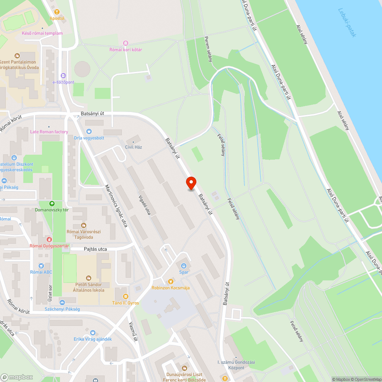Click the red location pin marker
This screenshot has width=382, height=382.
point(191,183)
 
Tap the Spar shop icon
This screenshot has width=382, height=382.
point(184,265)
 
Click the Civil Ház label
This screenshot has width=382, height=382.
point(133,147)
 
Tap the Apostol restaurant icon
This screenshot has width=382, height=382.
point(57,12)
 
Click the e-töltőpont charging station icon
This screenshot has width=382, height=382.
point(63,76)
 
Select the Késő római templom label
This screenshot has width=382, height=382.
point(42,33)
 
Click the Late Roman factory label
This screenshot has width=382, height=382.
point(49,132)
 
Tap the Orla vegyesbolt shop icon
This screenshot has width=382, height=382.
point(89,131)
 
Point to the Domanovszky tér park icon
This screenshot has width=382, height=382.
point(52,204)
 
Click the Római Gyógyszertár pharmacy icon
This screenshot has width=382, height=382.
point(49,239)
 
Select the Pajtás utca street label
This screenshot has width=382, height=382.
point(95,249)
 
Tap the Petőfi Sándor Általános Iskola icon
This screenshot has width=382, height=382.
point(89,278)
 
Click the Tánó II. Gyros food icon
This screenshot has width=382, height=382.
point(125,296)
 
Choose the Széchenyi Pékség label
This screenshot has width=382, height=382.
point(62,309)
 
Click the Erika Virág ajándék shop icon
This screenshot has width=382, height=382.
point(92,333)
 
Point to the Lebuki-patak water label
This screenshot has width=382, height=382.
point(347,23)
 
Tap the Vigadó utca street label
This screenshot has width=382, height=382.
point(143,206)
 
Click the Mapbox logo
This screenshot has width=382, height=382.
point(17,377)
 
